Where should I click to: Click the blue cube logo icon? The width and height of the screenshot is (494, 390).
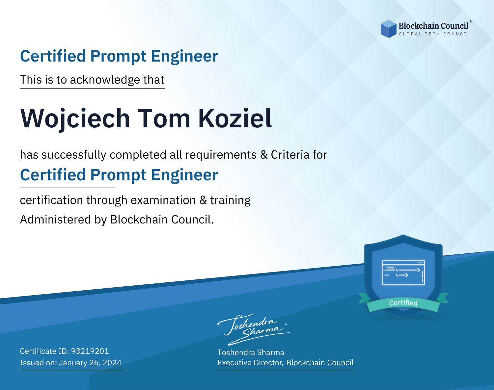point(388,29)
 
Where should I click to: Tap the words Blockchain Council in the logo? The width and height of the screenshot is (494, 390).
point(433,26)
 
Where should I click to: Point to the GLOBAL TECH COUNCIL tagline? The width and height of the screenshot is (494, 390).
point(434,34)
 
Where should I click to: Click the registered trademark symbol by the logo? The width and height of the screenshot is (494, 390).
point(470,22)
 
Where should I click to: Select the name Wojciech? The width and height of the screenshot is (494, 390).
point(75,119)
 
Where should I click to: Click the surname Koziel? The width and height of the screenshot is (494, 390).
point(235,118)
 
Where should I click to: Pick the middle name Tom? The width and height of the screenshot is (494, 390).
point(164,118)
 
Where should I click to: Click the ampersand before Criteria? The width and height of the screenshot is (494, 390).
point(264,155)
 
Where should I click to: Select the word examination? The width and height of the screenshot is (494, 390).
point(163,200)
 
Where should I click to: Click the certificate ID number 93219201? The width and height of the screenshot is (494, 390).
point(90,351)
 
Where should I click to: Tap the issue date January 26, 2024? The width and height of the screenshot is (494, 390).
point(90,363)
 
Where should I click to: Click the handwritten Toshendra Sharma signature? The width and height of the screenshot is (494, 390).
point(254,329)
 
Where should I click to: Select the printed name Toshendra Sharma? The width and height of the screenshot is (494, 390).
point(251,352)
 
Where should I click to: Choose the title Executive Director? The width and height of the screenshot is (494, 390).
point(250,363)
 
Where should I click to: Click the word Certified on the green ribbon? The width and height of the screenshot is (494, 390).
point(403,303)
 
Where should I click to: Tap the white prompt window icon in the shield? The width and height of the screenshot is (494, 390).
point(403,273)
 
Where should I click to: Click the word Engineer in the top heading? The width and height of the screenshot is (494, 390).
point(184,56)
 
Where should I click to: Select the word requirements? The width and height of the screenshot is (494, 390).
point(221,155)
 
